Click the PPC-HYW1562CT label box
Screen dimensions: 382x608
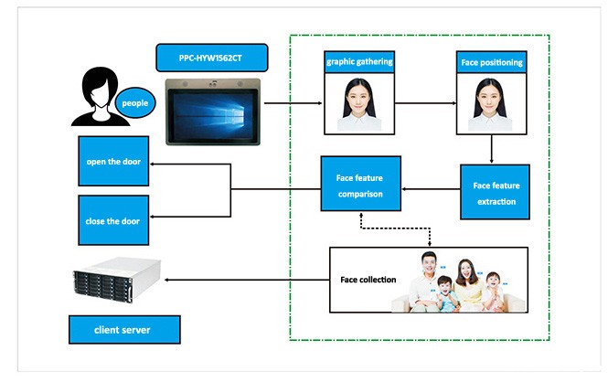pos(210,58)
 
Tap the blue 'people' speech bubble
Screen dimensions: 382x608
pos(134,102)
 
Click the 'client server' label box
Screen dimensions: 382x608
pos(123,329)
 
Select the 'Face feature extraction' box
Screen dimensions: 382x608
pos(495,193)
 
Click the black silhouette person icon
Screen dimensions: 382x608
pos(96,96)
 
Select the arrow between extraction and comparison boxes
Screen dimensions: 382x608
pos(431,189)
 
